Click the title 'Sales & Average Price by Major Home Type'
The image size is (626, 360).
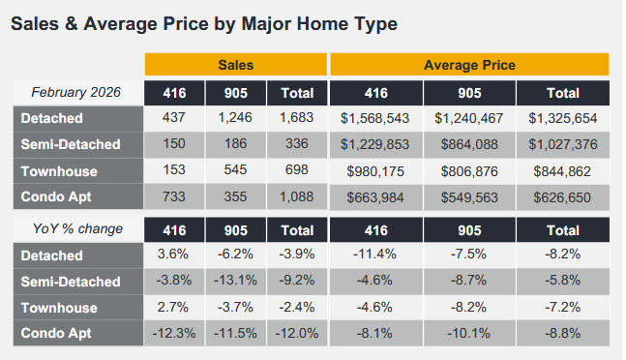click(203, 22)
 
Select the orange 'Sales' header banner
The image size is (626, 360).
click(235, 65)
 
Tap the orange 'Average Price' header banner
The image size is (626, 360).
click(469, 65)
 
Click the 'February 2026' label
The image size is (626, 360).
click(77, 92)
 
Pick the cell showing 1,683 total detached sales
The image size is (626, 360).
click(296, 118)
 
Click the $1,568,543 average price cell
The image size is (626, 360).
click(376, 118)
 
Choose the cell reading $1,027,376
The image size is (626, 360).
click(563, 144)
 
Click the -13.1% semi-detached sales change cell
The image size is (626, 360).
click(235, 282)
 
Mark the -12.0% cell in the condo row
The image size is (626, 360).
click(296, 334)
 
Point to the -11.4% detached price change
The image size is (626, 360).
click(376, 255)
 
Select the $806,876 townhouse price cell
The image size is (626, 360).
click(469, 171)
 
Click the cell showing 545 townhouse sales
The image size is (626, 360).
click(235, 171)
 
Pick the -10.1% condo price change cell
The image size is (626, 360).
click(469, 334)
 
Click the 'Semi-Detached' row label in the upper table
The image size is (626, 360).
click(71, 144)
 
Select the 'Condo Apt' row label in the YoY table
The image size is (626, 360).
click(58, 334)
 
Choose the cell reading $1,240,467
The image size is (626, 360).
click(469, 118)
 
